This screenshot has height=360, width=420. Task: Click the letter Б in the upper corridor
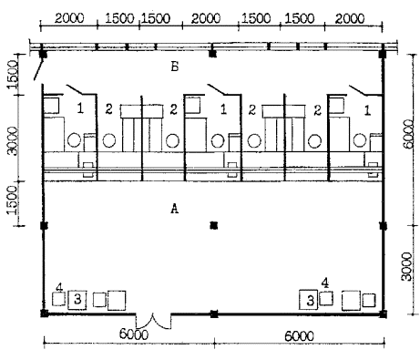pos(175,67)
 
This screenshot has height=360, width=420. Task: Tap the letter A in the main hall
pos(174,209)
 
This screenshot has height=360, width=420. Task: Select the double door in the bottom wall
pos(153,321)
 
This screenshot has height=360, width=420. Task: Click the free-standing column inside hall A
pos(214,225)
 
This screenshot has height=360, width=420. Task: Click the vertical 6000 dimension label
pos(409,134)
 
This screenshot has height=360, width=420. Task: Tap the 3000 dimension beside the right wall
pos(407,266)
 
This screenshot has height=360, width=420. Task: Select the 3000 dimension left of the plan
pos(13,141)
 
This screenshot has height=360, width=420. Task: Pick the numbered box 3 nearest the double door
pos(77,300)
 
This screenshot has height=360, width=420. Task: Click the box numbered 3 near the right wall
pos(309,300)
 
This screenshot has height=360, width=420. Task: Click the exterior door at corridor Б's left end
pos(38,69)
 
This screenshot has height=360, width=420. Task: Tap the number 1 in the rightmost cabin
pos(367,110)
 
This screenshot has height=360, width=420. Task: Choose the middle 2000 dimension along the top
pos(206,19)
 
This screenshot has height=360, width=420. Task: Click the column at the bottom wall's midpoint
pos(214,314)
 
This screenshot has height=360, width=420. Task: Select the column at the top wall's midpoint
pos(212,54)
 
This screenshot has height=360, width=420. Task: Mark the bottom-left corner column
pos(45,314)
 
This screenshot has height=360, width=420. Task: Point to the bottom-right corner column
pos(384,314)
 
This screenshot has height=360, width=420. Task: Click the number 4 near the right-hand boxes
pos(325,283)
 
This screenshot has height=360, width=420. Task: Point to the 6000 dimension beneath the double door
pos(134,334)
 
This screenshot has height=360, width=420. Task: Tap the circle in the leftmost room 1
pos(74,140)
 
